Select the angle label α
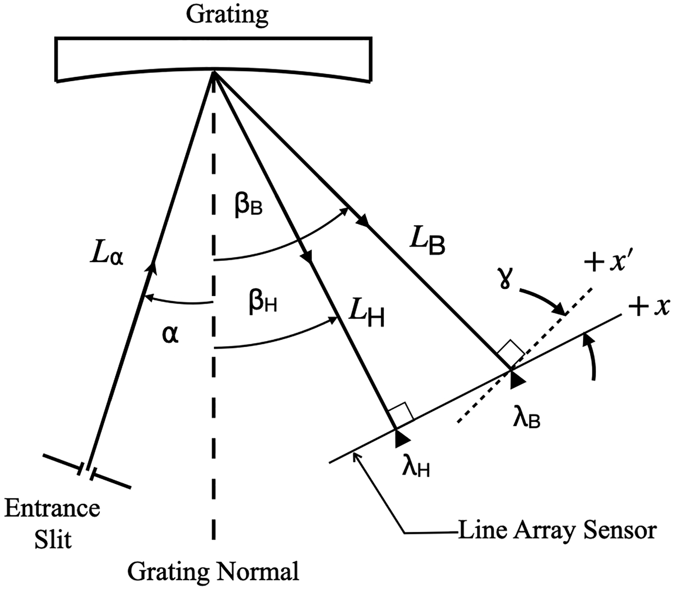coord(170,335)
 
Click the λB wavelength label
coord(526,419)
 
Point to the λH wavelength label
coord(416,468)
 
